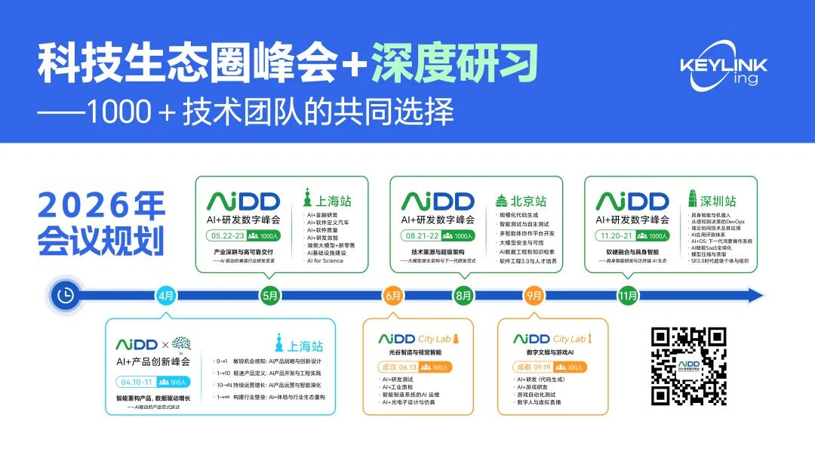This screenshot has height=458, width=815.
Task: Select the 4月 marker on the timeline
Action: coord(166,296)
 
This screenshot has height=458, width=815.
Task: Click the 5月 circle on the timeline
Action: coord(270,296)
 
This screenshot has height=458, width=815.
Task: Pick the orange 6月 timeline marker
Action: coord(393,296)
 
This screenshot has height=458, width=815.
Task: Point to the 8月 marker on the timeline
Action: coord(465,296)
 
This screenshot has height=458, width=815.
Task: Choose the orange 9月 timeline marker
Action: coord(534,296)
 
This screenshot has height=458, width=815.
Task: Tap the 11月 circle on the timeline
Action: coord(628,296)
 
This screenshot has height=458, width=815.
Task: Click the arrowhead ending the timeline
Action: coord(756,296)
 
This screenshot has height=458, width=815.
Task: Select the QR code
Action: coord(688,365)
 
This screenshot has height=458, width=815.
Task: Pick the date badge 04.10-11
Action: coord(137,382)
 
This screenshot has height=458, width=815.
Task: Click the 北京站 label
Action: coord(521,201)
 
